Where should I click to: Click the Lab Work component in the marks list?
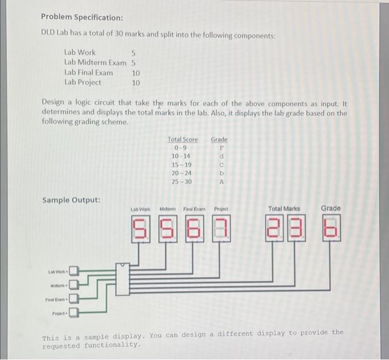click(80, 52)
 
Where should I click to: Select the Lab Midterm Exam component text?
click(95, 62)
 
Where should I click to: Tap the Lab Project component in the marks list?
click(83, 82)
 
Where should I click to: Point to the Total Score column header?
click(182, 139)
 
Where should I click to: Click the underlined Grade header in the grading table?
click(219, 139)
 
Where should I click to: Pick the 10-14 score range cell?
click(181, 156)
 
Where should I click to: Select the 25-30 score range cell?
click(181, 181)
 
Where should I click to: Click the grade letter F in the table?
click(221, 148)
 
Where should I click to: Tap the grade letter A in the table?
click(221, 181)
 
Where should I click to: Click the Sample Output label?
click(72, 200)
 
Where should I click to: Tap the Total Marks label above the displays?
click(284, 209)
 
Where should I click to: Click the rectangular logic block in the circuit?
click(123, 279)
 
